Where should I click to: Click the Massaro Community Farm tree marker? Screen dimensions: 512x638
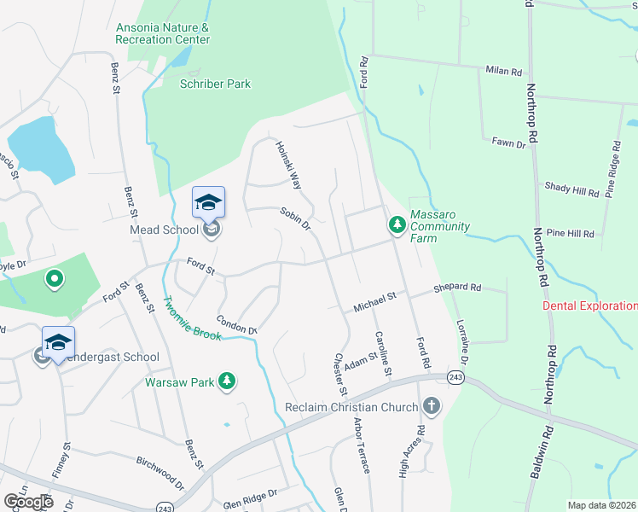point(397,224)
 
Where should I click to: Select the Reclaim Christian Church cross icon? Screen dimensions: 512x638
point(432,407)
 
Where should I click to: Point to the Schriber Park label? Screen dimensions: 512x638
point(216,84)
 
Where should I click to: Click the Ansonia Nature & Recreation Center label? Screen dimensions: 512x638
point(163,33)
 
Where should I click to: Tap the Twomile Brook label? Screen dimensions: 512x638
point(193,318)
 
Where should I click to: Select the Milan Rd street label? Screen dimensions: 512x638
point(503,72)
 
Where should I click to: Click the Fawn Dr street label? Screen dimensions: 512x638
point(509,143)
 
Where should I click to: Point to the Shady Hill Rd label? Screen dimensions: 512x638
point(571,192)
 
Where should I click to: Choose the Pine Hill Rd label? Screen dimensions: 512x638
point(570,232)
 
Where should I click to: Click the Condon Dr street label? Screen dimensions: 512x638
point(236,325)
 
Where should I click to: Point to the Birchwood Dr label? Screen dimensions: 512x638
point(160,472)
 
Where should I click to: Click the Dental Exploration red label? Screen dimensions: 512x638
point(589,305)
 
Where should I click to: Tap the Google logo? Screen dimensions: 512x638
point(28,502)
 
